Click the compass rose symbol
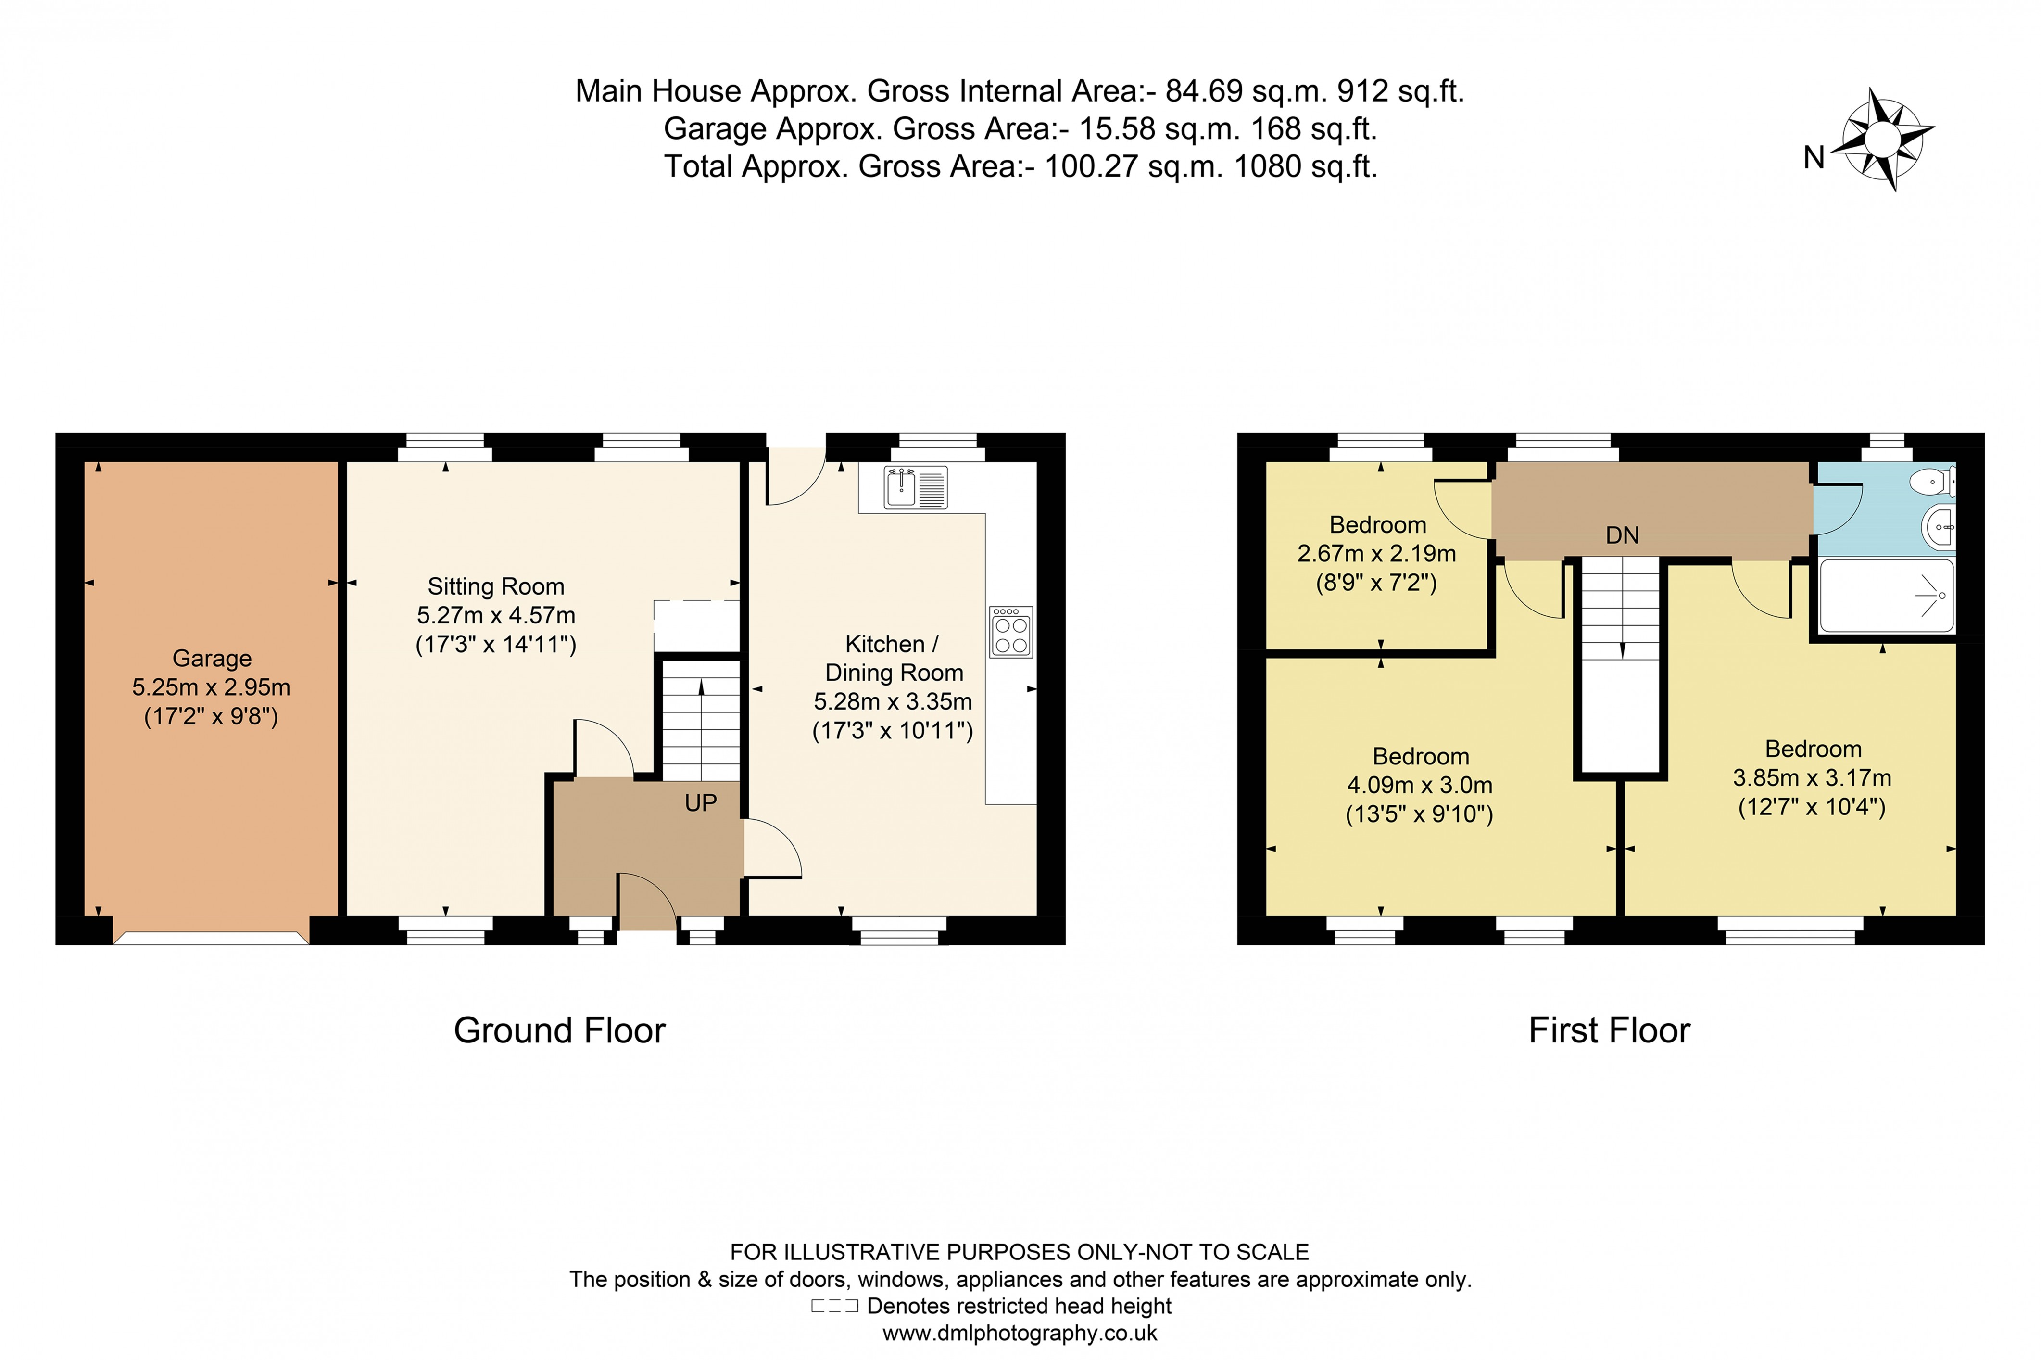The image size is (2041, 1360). (1881, 139)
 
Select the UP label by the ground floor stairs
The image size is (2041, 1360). (701, 803)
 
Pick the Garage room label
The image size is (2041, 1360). (212, 658)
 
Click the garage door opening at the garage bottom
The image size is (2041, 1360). (211, 937)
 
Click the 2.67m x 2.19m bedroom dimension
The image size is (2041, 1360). (1376, 553)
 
